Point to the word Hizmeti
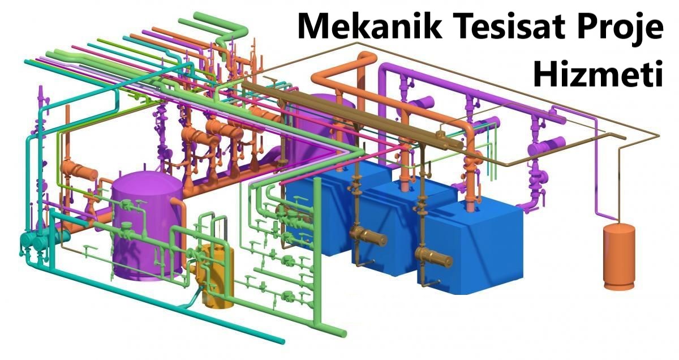[x=598, y=74]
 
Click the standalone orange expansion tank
[x=618, y=255]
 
